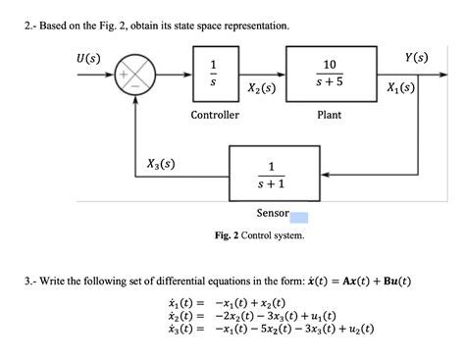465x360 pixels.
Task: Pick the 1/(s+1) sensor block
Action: [x=272, y=176]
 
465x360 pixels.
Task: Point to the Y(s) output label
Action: [x=421, y=55]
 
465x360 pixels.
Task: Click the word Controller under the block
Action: [x=214, y=116]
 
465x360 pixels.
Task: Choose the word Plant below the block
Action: [x=329, y=116]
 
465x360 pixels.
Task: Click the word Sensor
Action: [x=272, y=213]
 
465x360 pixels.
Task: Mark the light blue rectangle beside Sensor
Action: [x=299, y=218]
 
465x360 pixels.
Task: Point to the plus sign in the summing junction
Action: [x=125, y=74]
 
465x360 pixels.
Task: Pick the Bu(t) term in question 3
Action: [x=389, y=283]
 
